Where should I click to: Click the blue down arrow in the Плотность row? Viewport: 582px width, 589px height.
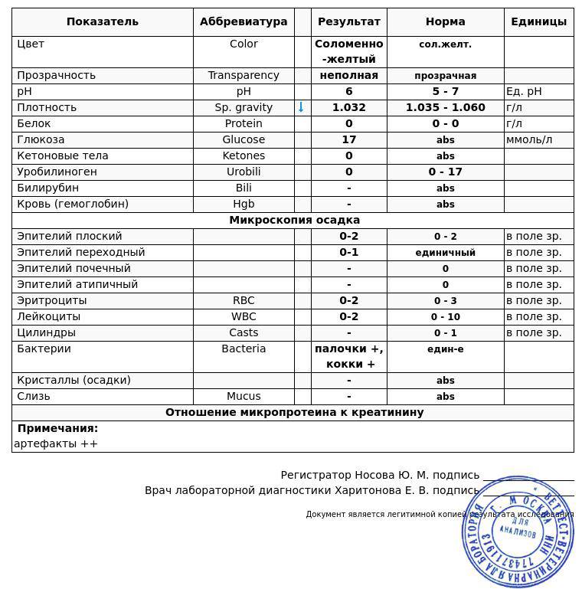301,107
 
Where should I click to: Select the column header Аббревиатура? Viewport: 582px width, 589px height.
244,21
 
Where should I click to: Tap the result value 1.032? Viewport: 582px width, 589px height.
348,107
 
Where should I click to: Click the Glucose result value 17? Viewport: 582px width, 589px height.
348,139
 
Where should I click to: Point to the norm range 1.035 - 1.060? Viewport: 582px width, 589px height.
445,107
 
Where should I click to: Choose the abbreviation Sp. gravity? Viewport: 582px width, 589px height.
244,107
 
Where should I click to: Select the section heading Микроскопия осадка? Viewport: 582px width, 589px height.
294,220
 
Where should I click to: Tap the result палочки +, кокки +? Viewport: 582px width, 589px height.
348,356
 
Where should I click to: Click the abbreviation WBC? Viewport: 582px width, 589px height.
244,316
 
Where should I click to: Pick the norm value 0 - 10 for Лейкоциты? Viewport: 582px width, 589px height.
445,316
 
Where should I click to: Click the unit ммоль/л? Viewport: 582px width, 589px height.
529,139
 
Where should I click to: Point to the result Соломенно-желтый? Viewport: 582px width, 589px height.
348,51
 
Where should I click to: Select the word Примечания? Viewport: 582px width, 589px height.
57,428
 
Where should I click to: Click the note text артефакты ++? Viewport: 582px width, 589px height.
56,443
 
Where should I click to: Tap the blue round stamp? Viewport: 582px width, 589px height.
518,532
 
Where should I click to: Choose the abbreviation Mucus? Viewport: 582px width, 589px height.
244,396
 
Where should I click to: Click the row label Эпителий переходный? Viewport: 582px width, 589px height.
80,252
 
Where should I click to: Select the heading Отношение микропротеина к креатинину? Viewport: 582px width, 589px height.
294,412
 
